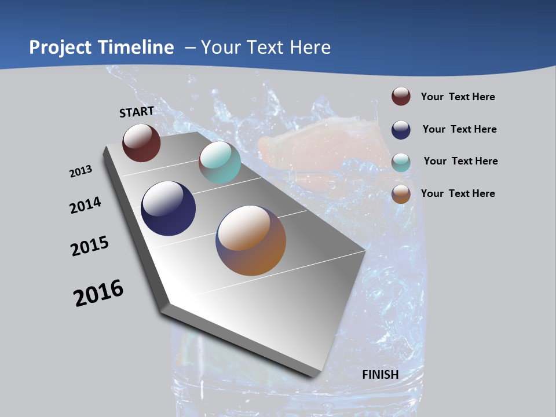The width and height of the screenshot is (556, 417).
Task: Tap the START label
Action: tap(137, 112)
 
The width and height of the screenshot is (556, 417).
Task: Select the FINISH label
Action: tap(381, 375)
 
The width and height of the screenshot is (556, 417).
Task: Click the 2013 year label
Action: tap(81, 171)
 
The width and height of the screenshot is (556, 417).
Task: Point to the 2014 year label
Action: tap(85, 205)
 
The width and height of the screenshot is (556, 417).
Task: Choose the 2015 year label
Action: tap(90, 246)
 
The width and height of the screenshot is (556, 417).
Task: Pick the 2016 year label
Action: tap(98, 293)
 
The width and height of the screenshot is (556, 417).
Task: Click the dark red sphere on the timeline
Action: tap(141, 142)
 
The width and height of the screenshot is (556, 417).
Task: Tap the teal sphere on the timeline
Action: tap(220, 162)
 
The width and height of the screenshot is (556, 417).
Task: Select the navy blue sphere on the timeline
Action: tap(169, 209)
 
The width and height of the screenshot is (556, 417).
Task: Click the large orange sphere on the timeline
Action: tap(251, 240)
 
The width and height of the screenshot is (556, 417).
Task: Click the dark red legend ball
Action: tap(401, 96)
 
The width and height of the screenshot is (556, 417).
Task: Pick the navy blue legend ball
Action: tap(401, 129)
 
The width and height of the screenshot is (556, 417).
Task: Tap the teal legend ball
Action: tap(401, 162)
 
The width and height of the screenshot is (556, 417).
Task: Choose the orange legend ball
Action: tap(401, 194)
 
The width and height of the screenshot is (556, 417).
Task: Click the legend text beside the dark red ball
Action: tap(458, 97)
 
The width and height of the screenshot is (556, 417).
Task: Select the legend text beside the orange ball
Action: tap(458, 193)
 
